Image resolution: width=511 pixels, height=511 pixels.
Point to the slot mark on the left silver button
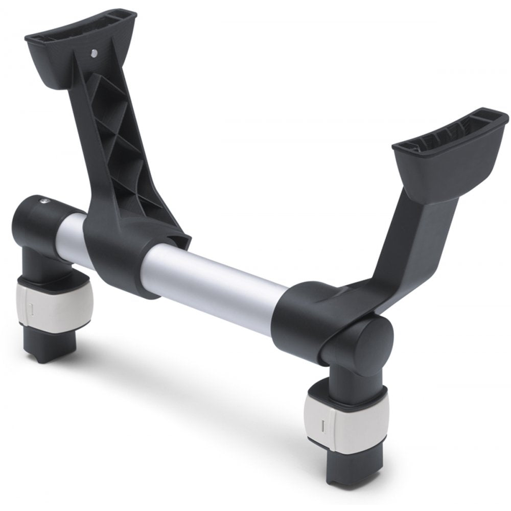point(32,309)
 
